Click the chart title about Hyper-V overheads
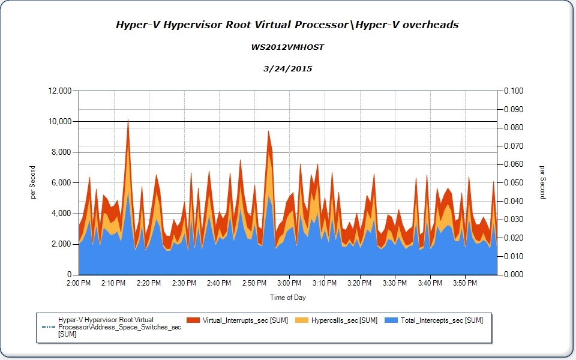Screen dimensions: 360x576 [287, 25]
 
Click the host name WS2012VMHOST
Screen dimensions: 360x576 [287, 47]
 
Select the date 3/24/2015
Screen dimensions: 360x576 [287, 68]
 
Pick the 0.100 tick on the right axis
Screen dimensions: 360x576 [515, 91]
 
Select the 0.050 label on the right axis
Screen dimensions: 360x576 [515, 183]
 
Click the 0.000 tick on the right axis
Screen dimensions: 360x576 [515, 275]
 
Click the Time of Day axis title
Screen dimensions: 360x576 [288, 298]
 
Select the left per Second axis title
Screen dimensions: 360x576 [33, 183]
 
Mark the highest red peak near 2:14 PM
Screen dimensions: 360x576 [128, 121]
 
